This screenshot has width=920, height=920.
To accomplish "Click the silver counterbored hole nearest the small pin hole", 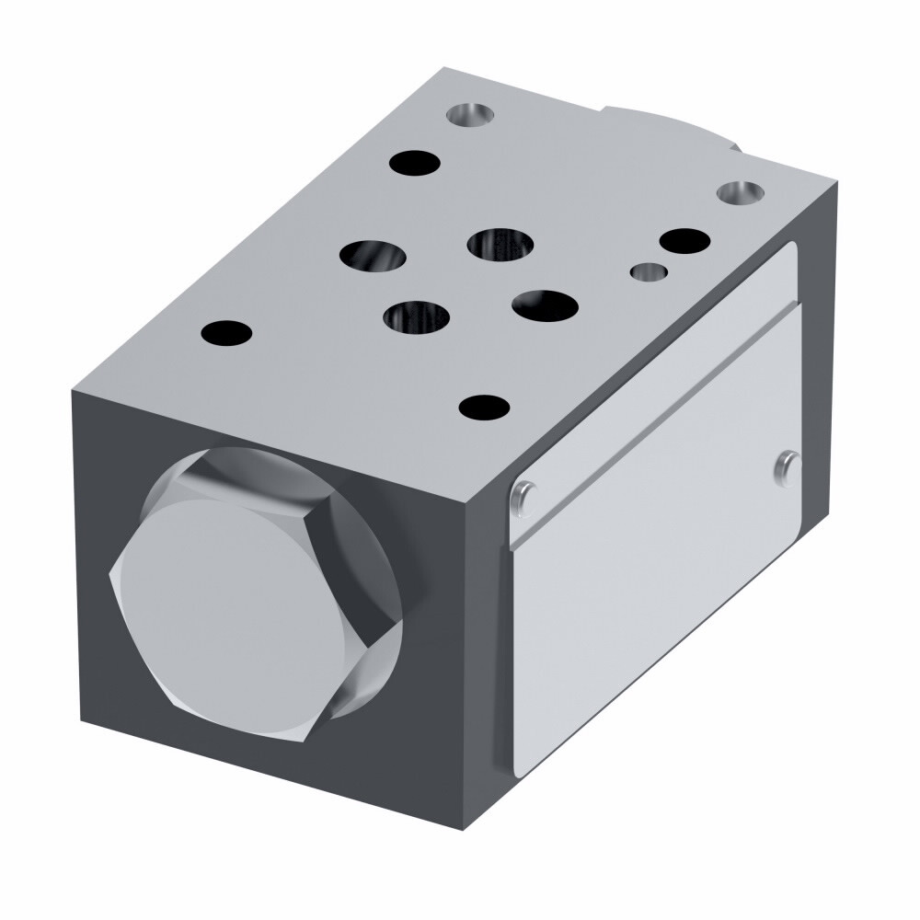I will tap(740, 193).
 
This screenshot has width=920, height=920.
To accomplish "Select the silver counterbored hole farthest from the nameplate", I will tap(470, 115).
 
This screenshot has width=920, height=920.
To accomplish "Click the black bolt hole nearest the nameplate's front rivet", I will tap(485, 406).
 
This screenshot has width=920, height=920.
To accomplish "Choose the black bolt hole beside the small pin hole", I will tap(684, 241).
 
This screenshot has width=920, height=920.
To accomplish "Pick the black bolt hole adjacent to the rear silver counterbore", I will tap(414, 164).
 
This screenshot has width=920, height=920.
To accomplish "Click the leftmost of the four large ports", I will tap(372, 254).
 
